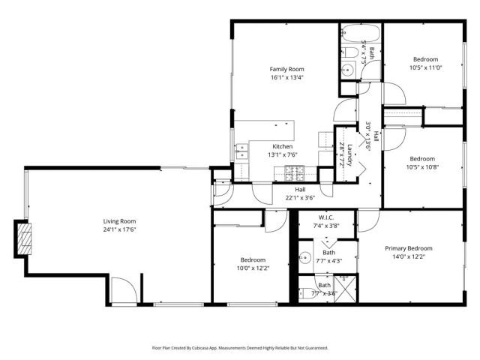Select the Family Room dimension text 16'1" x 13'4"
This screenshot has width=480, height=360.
[286, 77]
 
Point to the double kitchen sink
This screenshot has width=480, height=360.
[242, 153]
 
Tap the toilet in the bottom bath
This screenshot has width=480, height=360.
[304, 293]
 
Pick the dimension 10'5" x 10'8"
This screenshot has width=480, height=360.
[422, 166]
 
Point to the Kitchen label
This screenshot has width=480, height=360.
[283, 146]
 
